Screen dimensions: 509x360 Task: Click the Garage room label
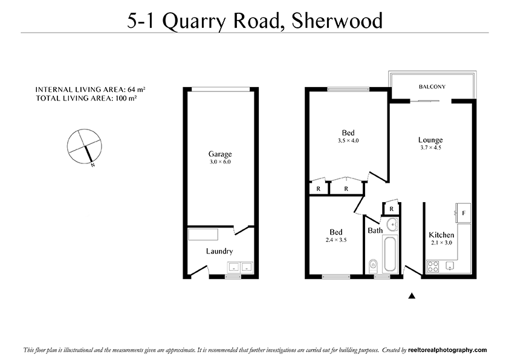point(220,154)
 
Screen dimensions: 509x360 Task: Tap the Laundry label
point(219,251)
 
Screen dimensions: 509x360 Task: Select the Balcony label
point(432,87)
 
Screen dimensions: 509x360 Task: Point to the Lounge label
point(430,140)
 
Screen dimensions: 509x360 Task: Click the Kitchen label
point(441,235)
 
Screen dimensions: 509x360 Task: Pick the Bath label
point(375,231)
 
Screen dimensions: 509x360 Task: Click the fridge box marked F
point(464,213)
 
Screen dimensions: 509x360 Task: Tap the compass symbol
point(85,146)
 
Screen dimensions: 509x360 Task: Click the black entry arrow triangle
point(412,296)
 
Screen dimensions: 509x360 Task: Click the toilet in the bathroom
point(374,264)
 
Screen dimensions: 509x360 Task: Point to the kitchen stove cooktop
point(433,265)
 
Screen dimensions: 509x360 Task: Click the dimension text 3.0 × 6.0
point(220,162)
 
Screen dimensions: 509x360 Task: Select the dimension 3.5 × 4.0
point(348,141)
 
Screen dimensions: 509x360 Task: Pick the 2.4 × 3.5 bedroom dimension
point(336,240)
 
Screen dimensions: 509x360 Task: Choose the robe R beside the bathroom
point(391,209)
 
